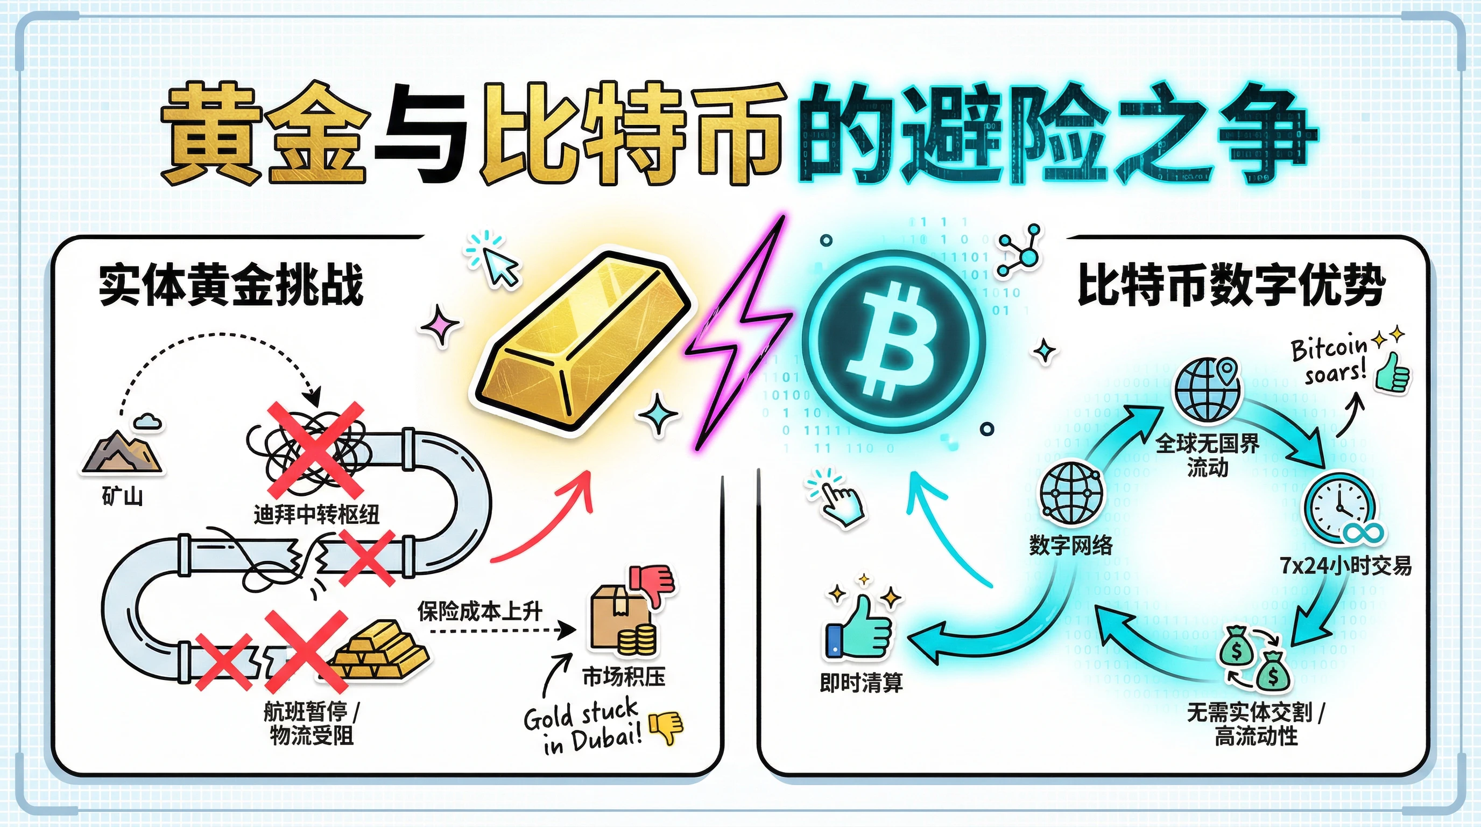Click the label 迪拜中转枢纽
point(316,514)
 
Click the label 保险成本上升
point(479,611)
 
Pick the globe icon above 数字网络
point(1071,493)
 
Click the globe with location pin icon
point(1207,389)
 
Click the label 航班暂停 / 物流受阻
point(311,724)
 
